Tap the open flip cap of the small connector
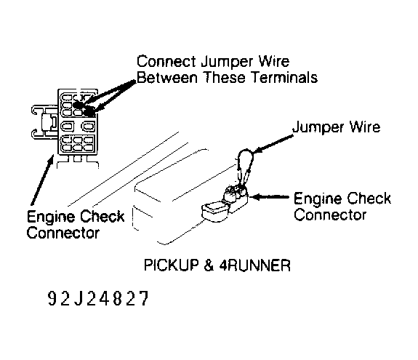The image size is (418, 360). [x=214, y=211]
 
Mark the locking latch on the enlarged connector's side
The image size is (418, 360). [x=44, y=123]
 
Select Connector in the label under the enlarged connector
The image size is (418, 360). [x=63, y=233]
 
